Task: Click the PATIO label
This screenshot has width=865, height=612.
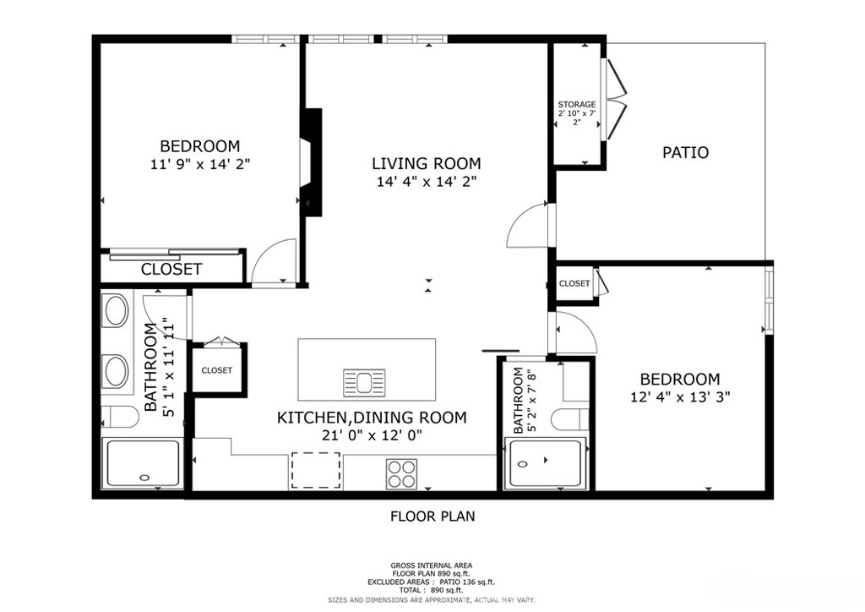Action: click(684, 153)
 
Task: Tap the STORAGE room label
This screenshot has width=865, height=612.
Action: click(576, 105)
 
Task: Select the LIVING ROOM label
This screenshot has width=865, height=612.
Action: click(426, 164)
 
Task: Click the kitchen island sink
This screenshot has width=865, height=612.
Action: click(364, 383)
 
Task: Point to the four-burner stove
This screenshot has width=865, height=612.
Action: click(400, 473)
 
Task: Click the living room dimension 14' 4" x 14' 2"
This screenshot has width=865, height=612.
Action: click(426, 182)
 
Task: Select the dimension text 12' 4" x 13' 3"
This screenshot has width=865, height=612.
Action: click(679, 396)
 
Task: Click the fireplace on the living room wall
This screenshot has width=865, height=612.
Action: click(310, 161)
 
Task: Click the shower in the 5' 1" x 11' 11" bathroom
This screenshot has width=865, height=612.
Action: click(141, 464)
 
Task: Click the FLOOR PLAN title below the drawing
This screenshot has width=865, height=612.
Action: click(432, 516)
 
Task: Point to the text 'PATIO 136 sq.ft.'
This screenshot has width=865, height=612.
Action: click(467, 582)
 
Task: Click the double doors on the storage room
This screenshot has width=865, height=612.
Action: click(615, 101)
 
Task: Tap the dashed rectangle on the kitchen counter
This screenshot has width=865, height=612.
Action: click(316, 470)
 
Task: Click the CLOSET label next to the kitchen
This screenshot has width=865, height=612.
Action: click(216, 370)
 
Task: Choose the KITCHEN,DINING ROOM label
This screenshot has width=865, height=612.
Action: click(372, 418)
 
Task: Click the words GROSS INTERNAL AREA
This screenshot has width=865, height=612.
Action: click(431, 566)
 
